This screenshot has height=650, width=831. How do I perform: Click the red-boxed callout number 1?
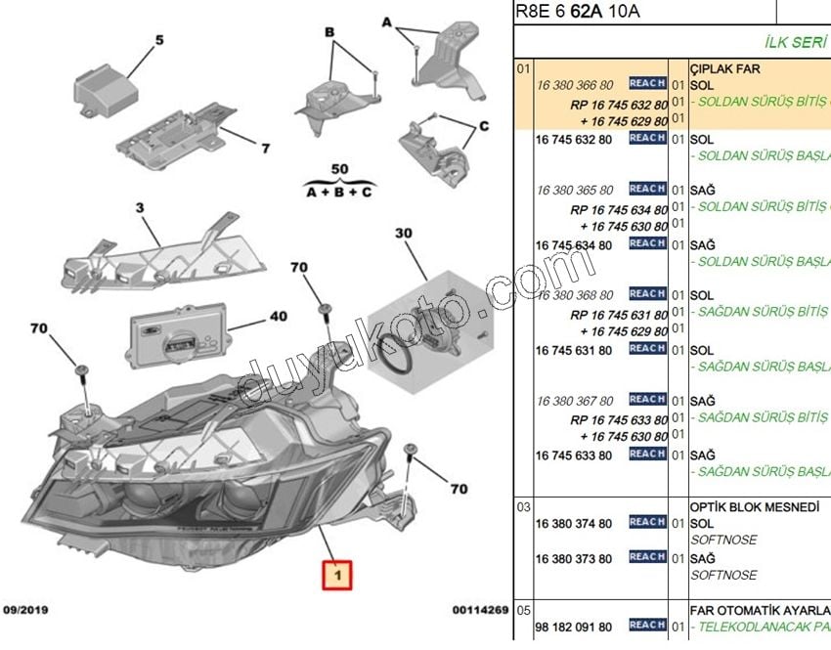(336, 576)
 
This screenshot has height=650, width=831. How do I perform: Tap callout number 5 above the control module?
(158, 40)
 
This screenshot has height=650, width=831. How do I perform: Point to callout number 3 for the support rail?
(140, 208)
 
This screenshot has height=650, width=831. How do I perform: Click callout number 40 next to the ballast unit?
(279, 317)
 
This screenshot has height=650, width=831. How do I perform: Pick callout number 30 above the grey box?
(404, 234)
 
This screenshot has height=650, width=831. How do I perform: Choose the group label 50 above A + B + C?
(339, 169)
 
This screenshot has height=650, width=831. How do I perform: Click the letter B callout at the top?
(329, 32)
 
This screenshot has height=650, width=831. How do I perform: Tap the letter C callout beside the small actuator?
(482, 127)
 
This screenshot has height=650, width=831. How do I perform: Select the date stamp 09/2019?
(27, 610)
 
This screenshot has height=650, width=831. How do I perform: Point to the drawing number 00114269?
(480, 610)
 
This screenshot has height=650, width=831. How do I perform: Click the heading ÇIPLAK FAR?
(725, 69)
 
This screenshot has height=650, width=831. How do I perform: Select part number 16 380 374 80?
(574, 524)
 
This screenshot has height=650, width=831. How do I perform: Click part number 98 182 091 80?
(574, 627)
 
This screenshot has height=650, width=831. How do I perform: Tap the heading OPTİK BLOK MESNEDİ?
(755, 507)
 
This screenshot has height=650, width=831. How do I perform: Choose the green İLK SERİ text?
(795, 42)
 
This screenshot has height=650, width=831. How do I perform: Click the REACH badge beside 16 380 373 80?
(647, 557)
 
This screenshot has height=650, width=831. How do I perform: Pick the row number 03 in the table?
(523, 507)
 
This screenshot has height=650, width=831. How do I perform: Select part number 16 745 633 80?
(574, 455)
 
